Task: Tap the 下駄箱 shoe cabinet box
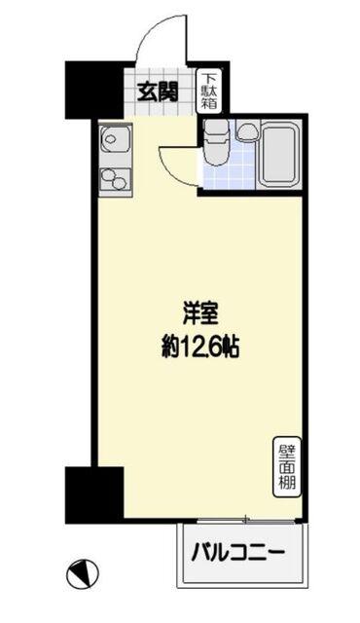coord(209,92)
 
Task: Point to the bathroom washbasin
coord(247,129)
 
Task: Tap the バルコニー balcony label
coord(238,552)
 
